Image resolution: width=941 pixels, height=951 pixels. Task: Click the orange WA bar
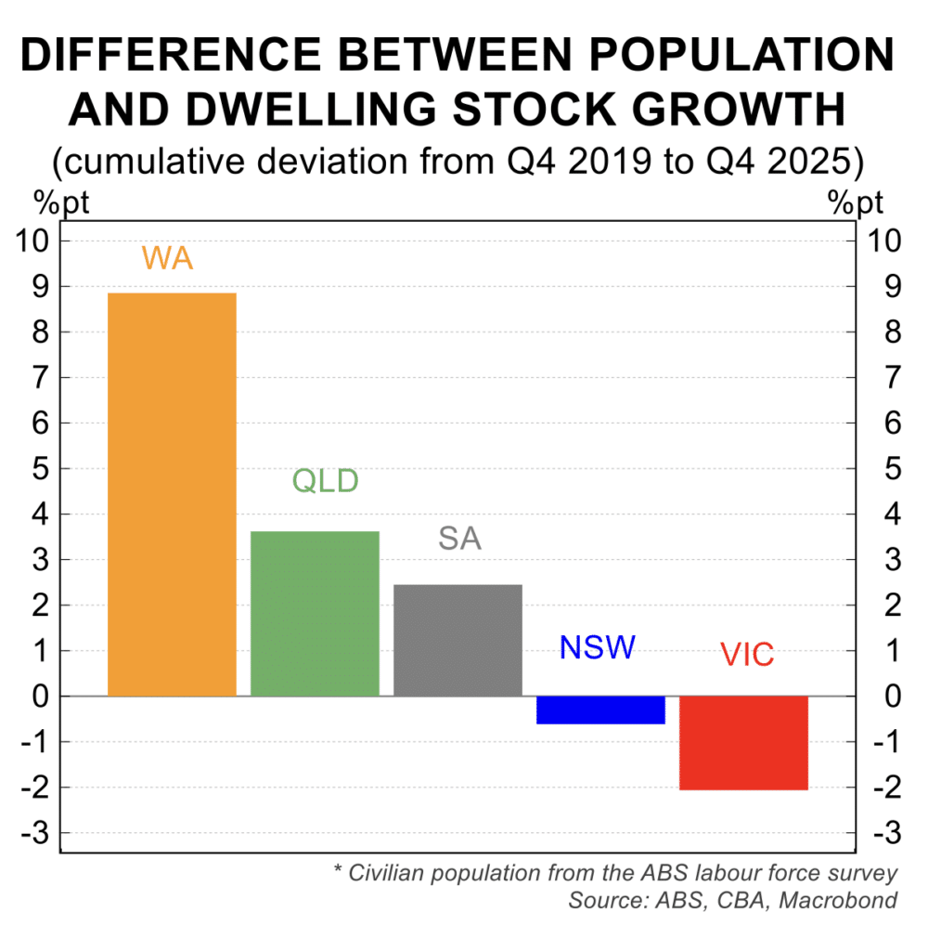172,494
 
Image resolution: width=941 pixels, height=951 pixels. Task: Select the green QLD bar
315,613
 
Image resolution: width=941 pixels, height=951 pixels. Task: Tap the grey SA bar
458,640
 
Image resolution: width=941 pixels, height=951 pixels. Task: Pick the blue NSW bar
600,710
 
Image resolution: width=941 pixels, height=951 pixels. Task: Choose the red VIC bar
743,742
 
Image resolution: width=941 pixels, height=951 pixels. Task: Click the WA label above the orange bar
167,257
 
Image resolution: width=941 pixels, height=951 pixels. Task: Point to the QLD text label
325,481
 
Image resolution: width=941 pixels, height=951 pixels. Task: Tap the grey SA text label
460,539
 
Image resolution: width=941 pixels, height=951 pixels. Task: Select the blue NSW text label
597,647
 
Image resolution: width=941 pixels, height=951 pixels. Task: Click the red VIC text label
747,655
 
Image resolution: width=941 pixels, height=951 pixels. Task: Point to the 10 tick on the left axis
35,241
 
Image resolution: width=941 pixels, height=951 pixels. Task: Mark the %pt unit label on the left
61,202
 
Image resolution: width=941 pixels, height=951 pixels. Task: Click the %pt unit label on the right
856,202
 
